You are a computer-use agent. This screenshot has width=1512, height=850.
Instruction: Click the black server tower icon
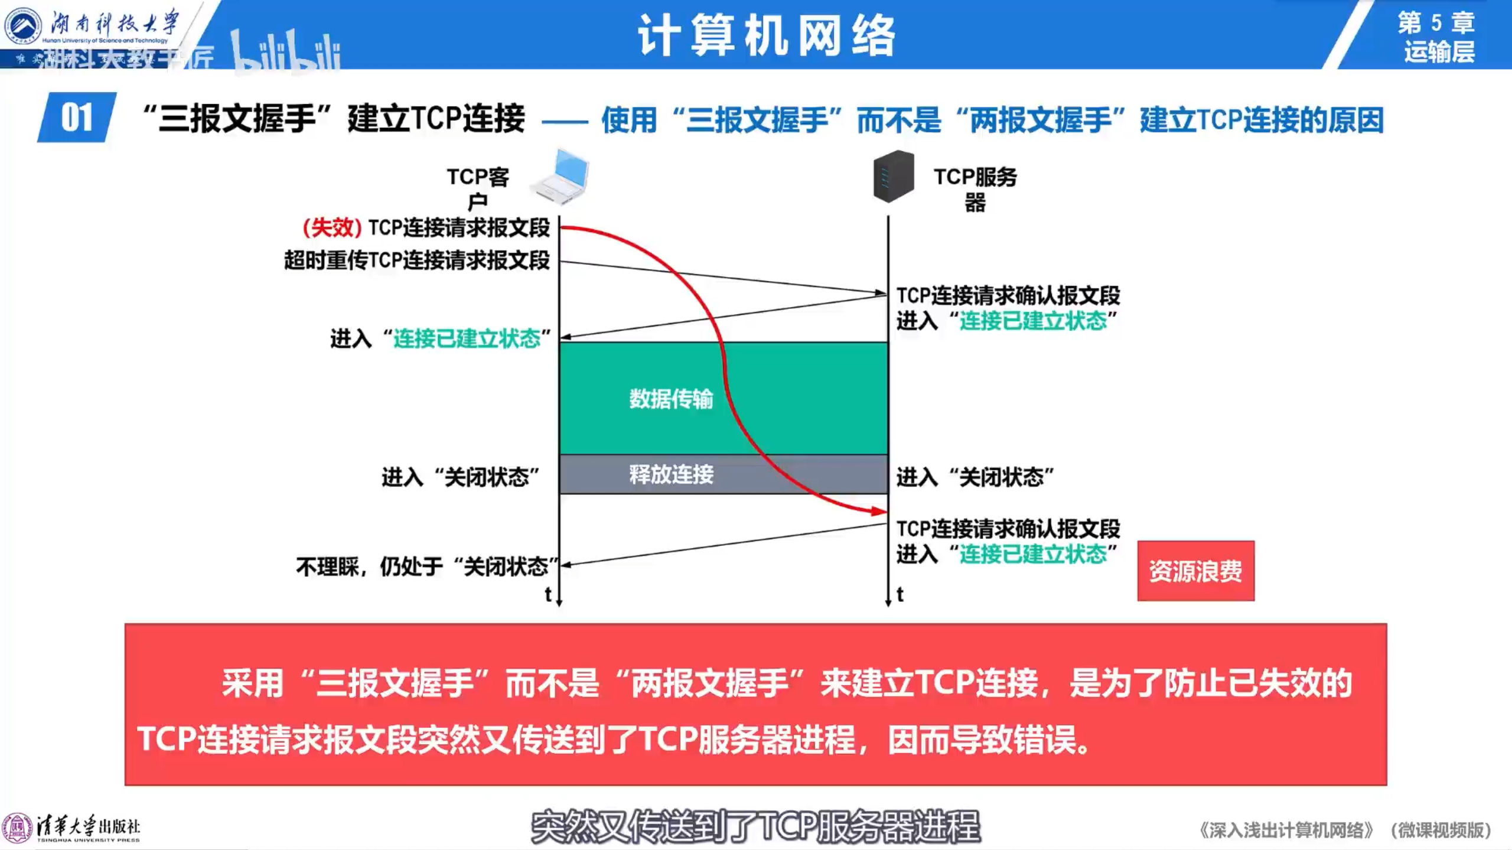click(x=894, y=176)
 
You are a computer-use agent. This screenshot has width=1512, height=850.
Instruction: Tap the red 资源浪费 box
click(x=1195, y=571)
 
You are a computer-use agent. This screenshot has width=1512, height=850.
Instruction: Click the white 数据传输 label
click(x=671, y=399)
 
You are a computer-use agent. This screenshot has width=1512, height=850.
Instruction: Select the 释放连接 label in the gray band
click(x=671, y=474)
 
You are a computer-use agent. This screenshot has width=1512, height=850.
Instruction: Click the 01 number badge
click(x=77, y=118)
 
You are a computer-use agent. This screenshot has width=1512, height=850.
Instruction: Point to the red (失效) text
click(x=332, y=227)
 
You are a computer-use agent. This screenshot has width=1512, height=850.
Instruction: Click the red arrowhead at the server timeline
click(x=880, y=511)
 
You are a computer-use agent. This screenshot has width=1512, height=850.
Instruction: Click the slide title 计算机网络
click(x=767, y=35)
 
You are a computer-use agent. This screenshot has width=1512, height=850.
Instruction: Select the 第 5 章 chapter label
click(x=1436, y=23)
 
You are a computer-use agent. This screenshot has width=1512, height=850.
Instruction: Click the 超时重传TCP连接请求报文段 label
click(x=417, y=260)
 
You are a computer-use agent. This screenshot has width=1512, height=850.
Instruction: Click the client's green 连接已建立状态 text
click(x=467, y=339)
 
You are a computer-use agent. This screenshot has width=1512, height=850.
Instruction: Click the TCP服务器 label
click(x=975, y=188)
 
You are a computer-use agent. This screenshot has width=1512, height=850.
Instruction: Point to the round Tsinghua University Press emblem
click(x=17, y=828)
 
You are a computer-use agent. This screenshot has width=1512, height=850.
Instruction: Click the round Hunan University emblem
click(x=23, y=25)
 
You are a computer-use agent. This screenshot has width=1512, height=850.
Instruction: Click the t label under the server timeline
click(x=900, y=594)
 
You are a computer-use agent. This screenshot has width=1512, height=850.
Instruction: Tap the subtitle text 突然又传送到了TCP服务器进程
click(x=755, y=826)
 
